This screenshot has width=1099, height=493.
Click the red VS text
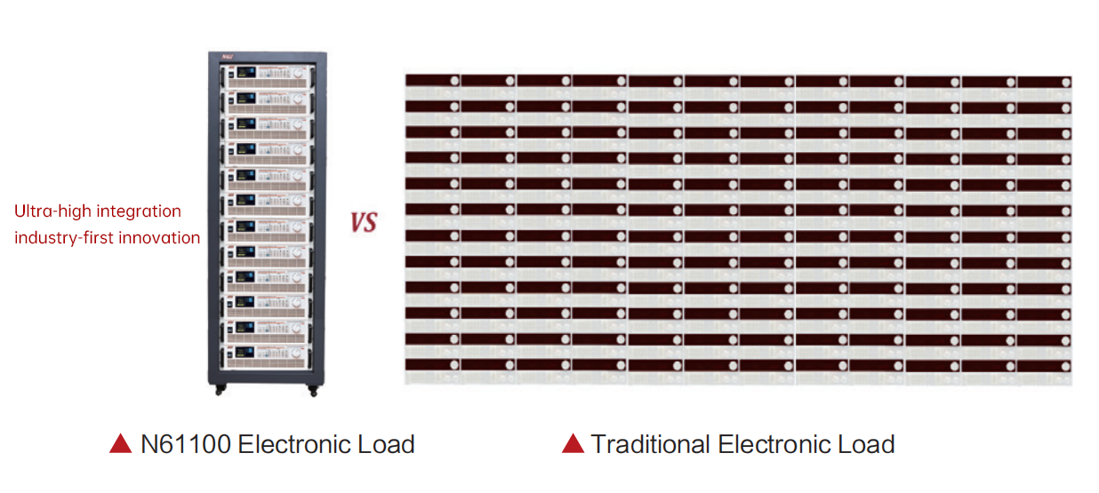coord(363,222)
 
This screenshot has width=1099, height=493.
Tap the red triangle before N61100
coord(120,444)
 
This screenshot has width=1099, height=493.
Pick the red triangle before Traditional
coord(573,444)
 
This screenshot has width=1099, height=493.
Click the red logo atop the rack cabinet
coord(229,58)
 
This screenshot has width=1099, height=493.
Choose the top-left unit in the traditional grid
coord(433,81)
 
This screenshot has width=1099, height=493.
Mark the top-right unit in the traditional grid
coord(1044,82)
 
